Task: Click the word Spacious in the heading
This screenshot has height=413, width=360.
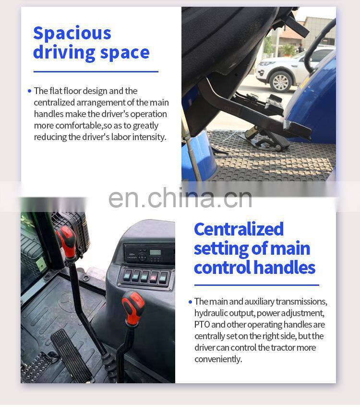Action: click(72, 34)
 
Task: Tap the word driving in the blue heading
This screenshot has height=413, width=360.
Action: click(64, 53)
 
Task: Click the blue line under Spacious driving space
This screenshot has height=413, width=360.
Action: click(96, 71)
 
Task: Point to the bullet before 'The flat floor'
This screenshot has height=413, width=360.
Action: click(29, 91)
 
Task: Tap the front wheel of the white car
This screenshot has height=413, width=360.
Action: click(280, 82)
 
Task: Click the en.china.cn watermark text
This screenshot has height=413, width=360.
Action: click(180, 198)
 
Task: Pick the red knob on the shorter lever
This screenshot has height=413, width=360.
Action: click(133, 307)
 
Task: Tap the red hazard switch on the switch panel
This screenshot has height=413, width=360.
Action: click(154, 277)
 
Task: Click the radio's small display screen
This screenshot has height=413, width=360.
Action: click(155, 252)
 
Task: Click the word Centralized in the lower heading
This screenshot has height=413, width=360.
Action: click(239, 229)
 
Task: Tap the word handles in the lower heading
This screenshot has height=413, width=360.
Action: click(285, 267)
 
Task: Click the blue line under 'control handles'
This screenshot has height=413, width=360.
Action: click(257, 285)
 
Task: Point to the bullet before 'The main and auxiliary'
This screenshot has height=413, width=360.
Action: click(190, 302)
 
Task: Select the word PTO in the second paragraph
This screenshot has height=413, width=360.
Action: click(202, 324)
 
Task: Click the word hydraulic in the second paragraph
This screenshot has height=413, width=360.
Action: click(208, 313)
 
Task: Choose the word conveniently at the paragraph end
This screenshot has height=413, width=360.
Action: click(218, 359)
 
